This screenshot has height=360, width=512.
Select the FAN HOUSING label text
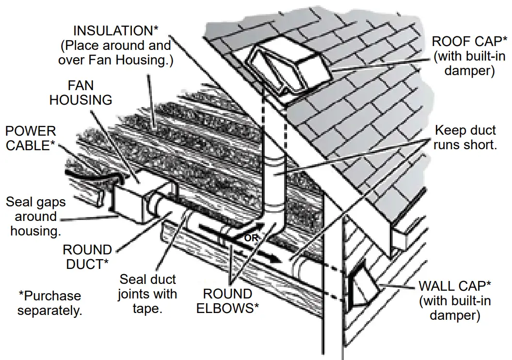click(x=81, y=93)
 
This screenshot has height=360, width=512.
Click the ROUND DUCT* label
click(x=87, y=257)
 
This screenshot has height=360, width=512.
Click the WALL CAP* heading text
click(x=455, y=286)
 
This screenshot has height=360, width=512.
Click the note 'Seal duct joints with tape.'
click(x=147, y=294)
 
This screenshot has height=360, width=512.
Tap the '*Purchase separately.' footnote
click(x=50, y=303)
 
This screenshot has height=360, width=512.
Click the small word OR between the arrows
click(x=250, y=238)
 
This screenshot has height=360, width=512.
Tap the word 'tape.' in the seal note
click(x=147, y=309)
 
